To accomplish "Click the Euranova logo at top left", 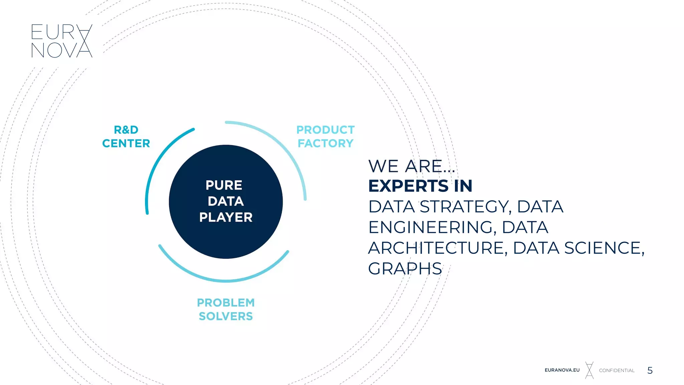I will point(61,41).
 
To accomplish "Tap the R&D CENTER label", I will point(126,136).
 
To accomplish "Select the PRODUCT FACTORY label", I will point(325,136).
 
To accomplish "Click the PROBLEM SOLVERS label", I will point(226,309).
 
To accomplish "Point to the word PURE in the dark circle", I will point(224,185).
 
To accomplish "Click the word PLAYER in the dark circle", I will point(226,217).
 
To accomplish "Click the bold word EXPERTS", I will point(408,186).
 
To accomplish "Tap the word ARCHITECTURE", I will point(438,248).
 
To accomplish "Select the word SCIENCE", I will point(605,248).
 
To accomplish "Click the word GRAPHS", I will point(405,269).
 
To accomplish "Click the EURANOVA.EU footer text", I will point(562,370).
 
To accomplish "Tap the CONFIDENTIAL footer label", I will point(617,370).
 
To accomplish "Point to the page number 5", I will point(650,370).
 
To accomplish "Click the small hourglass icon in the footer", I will point(589,370).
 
